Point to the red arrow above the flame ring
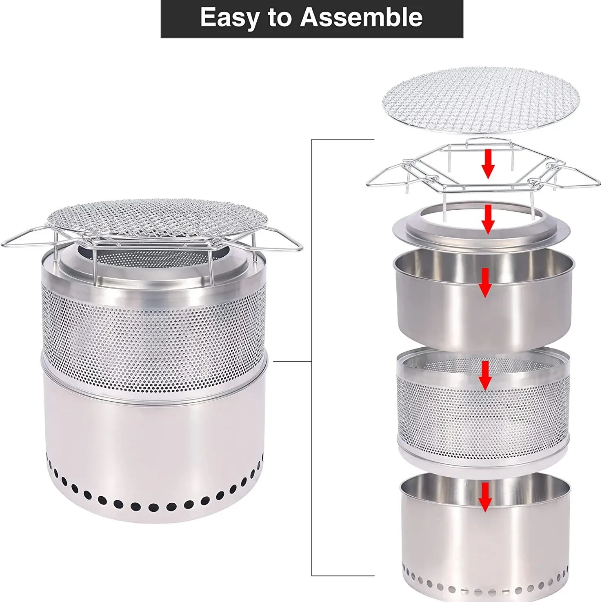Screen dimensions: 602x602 pos(487,219)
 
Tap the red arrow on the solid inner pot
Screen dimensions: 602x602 pos(485,282)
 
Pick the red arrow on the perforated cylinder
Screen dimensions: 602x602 pos(485,376)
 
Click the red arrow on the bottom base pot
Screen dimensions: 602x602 pos(485,497)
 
